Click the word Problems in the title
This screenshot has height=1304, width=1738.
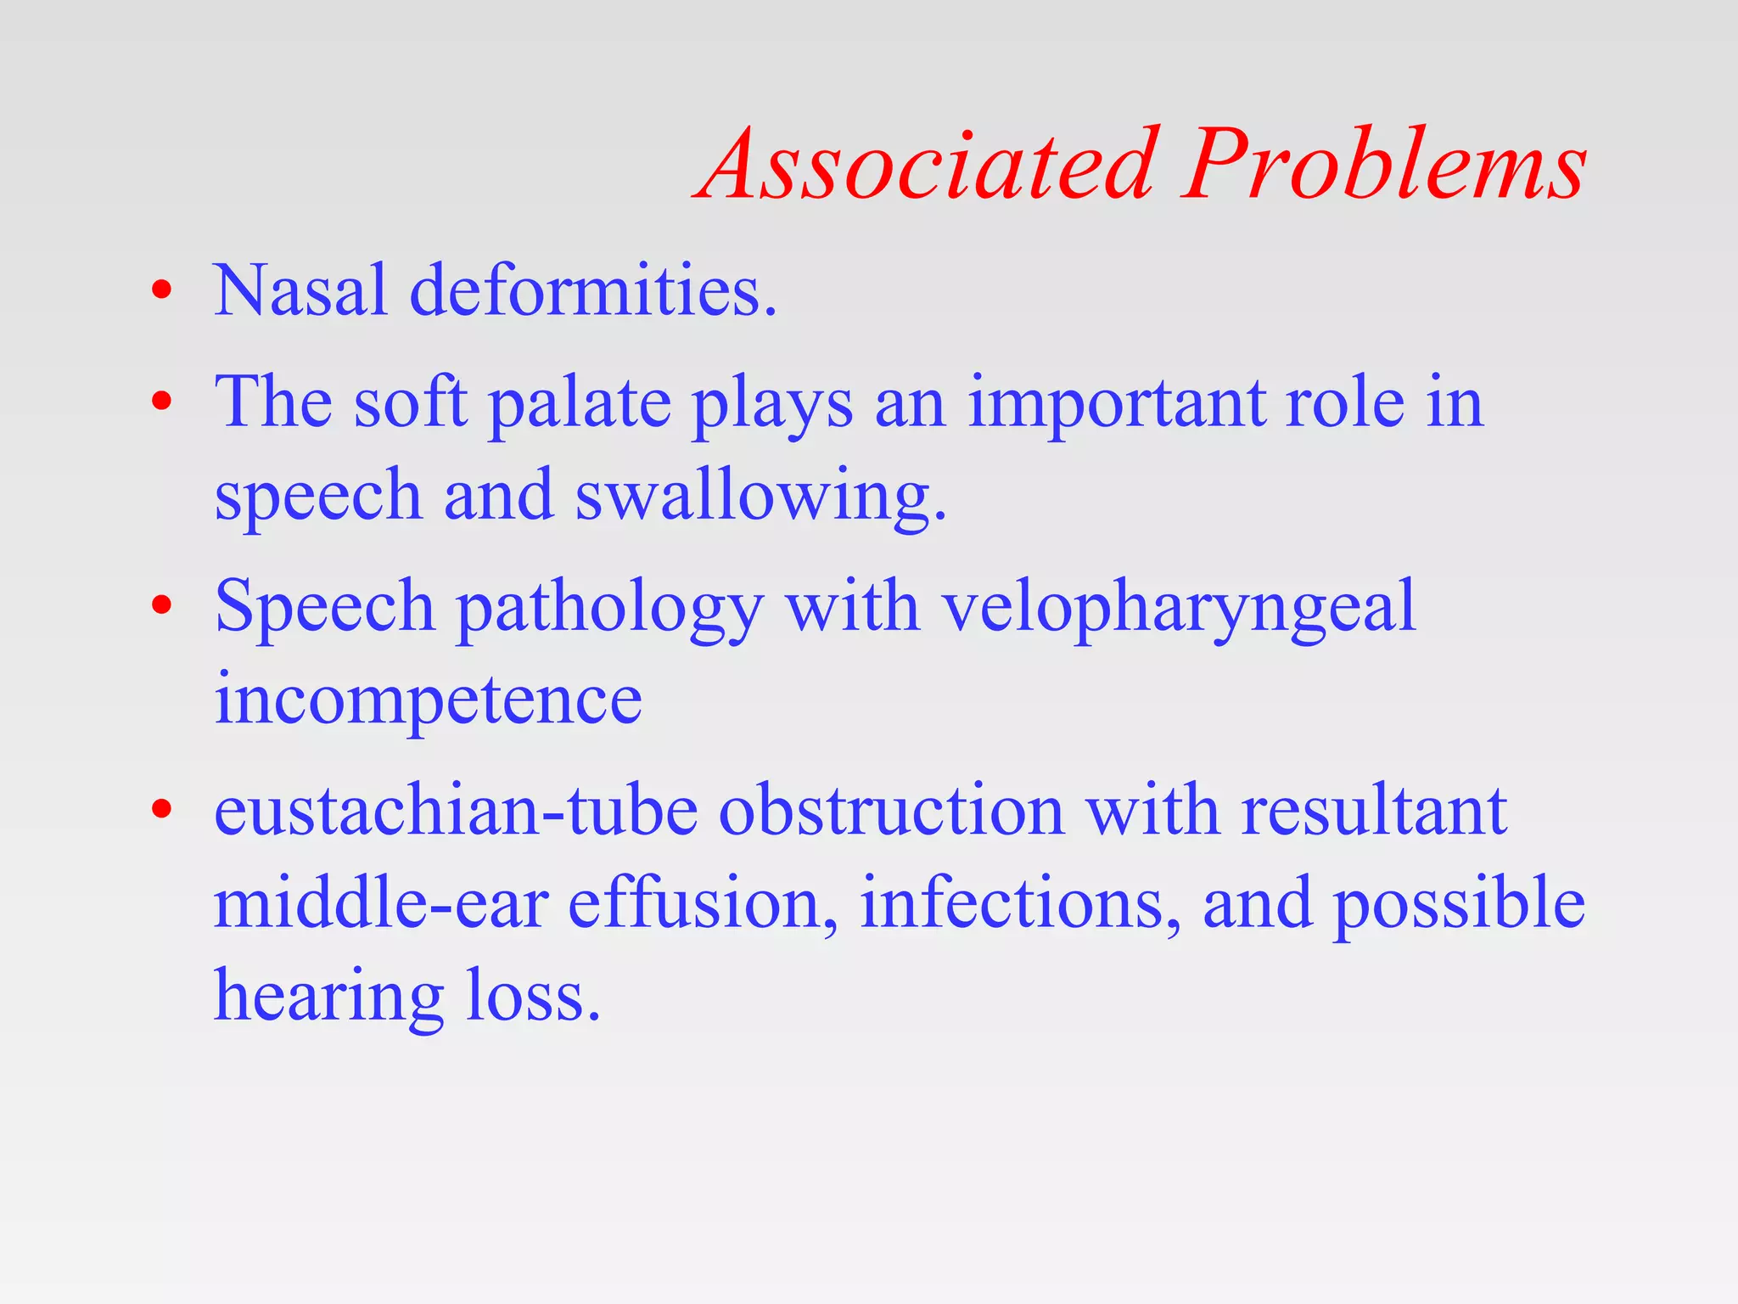(1383, 166)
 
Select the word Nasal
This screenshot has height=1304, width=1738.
(300, 291)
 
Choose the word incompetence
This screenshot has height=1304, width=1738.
(428, 700)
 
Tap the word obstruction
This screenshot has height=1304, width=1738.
(891, 811)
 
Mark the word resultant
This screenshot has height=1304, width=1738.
(1374, 811)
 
